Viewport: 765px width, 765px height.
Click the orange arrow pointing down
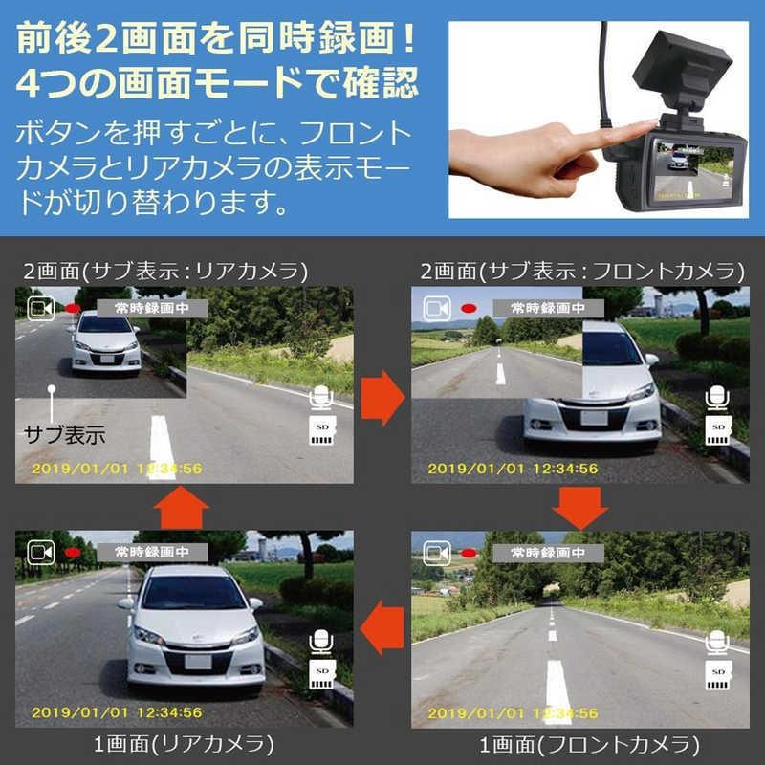(x=580, y=509)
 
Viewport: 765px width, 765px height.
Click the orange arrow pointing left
(x=382, y=628)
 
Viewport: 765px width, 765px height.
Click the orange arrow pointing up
(x=181, y=508)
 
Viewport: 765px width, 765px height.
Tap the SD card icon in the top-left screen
(x=322, y=429)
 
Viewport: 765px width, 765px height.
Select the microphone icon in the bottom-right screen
(x=717, y=643)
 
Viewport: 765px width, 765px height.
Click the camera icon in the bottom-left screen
(x=41, y=553)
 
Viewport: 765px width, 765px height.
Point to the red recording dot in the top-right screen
(x=470, y=308)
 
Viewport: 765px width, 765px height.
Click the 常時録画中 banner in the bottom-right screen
(x=548, y=553)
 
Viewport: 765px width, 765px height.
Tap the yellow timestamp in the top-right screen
(x=513, y=469)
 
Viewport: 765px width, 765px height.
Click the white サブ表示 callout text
(x=65, y=434)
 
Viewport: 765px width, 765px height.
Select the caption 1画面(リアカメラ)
(x=184, y=745)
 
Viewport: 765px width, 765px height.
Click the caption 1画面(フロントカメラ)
(x=590, y=745)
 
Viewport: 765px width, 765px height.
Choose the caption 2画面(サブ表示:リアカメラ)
(x=165, y=272)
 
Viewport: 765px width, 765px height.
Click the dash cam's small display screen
(x=694, y=170)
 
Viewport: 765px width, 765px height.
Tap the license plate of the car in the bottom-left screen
(x=198, y=662)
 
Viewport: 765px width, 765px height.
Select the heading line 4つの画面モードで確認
(x=217, y=82)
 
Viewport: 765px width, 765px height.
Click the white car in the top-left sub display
(x=105, y=341)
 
